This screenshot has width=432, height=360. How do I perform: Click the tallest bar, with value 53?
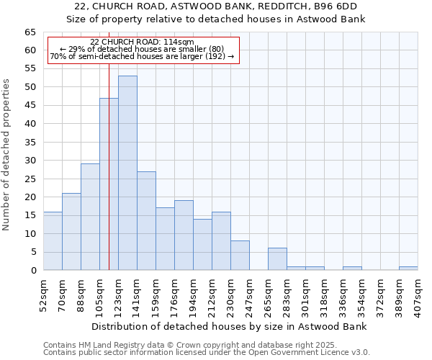click(x=127, y=173)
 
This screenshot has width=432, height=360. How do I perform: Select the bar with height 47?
click(x=109, y=184)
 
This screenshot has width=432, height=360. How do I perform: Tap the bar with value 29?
click(x=90, y=217)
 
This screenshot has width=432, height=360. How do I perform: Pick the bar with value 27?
click(x=146, y=220)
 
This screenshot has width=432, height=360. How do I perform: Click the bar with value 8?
click(x=240, y=256)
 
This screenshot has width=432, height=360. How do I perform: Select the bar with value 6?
click(x=277, y=259)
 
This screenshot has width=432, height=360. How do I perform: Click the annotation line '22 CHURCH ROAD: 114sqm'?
click(x=143, y=42)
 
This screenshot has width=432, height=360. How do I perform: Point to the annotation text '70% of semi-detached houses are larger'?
click(x=143, y=56)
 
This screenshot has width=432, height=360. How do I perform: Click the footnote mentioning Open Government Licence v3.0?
click(x=207, y=353)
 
